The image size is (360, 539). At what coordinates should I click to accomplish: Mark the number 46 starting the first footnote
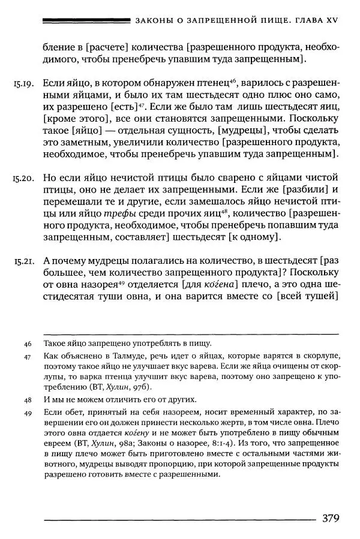click(28, 344)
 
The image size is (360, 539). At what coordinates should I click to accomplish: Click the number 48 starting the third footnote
click(28, 400)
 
